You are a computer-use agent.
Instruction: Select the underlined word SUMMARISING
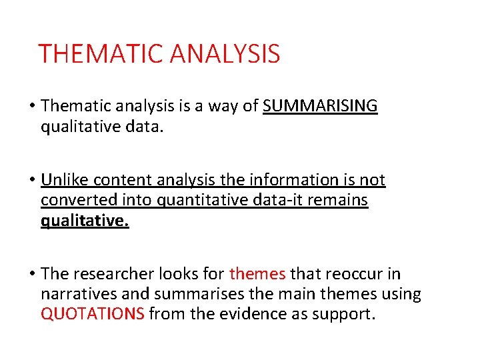point(320,106)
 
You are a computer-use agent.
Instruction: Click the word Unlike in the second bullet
point(65,180)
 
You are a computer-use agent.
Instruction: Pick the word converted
point(73,200)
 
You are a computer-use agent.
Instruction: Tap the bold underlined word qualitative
point(85,221)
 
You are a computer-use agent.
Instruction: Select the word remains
point(341,200)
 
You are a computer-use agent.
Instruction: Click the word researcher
point(107,274)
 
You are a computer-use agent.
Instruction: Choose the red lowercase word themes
point(257,274)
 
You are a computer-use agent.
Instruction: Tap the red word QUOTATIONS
point(93,314)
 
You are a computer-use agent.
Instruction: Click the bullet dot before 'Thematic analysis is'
point(33,107)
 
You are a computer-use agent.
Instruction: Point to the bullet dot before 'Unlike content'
point(33,181)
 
